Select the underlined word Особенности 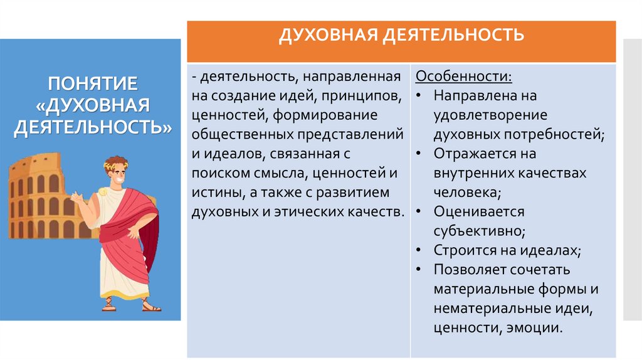(463, 77)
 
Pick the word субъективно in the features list (478, 231)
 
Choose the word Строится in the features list (463, 250)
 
